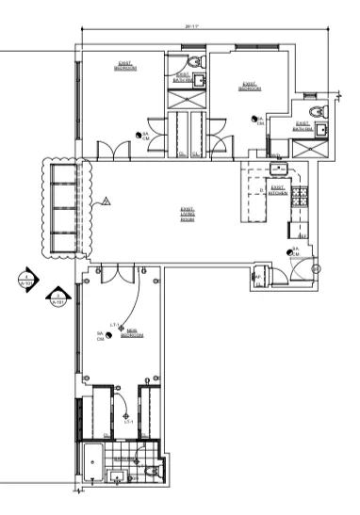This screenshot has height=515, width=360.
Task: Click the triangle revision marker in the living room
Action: (106, 200)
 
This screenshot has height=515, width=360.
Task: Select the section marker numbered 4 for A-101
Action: (28, 280)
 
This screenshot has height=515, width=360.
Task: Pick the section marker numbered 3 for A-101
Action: (54, 298)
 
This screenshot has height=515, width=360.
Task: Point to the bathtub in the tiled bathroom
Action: (93, 464)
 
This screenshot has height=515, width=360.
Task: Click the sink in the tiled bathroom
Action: (119, 477)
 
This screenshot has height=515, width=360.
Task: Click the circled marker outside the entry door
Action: (316, 269)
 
